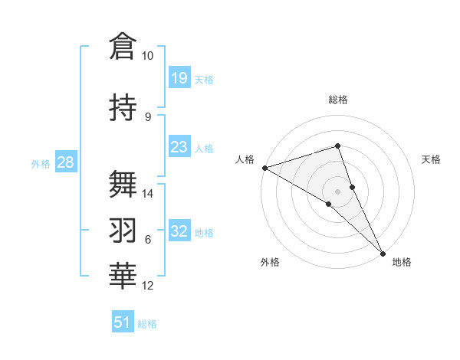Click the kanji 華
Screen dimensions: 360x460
[x=123, y=277]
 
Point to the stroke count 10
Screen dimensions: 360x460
[x=147, y=56]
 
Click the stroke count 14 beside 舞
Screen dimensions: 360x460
[x=148, y=194]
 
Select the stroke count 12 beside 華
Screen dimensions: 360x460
[x=148, y=286]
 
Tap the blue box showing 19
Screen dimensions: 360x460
[x=179, y=77]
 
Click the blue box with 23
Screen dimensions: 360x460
[x=179, y=147]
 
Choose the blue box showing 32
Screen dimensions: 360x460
[x=179, y=231]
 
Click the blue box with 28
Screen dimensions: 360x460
[x=64, y=162]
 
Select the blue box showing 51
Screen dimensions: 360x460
[x=123, y=322]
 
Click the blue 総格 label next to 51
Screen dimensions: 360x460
[x=147, y=324]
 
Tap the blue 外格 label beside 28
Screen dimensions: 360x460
[x=40, y=164]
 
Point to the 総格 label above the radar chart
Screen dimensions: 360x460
[x=337, y=100]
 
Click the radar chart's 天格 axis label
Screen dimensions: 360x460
[x=431, y=159]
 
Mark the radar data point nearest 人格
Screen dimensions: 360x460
[x=264, y=168]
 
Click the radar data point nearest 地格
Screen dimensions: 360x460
[x=383, y=253]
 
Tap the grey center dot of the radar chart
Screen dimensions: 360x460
[x=337, y=191]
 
